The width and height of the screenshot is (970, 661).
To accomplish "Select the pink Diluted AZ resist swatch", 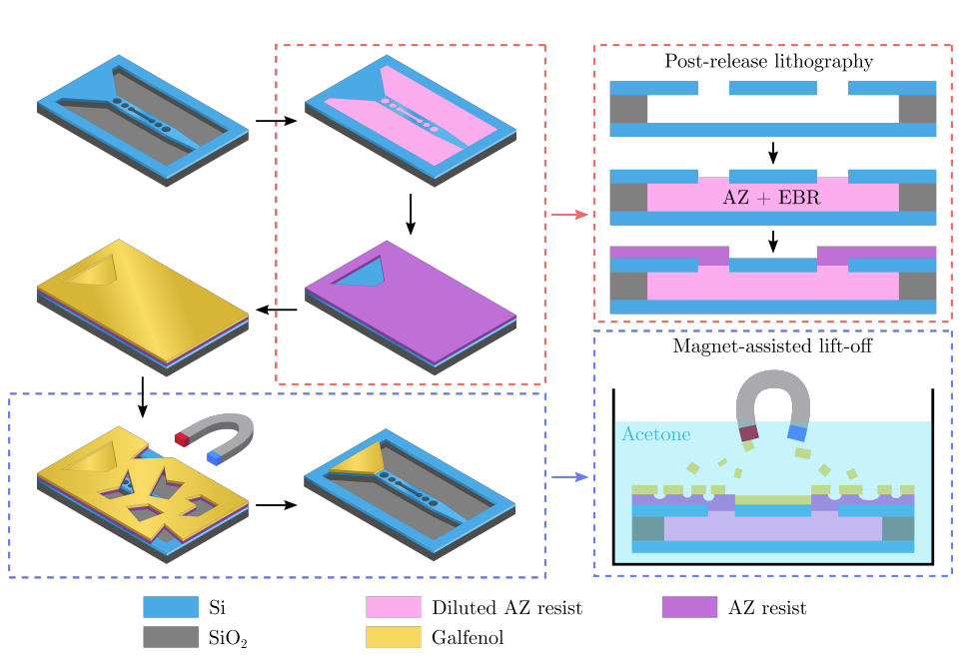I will pos(393,606).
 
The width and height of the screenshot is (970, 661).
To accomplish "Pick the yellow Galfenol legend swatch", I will pos(393,637).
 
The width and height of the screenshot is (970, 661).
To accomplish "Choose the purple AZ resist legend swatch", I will pos(689,606).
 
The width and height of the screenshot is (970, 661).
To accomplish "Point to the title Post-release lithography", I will pos(769,62).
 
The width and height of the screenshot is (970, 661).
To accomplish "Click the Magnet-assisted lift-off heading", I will pos(769,347).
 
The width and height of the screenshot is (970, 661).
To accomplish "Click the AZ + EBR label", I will pos(771,198).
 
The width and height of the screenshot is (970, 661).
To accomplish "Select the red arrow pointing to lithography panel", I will pos(569,214).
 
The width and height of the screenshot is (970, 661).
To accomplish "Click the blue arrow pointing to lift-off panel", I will pos(569,478).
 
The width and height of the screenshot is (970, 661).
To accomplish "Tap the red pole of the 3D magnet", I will pos(181,437).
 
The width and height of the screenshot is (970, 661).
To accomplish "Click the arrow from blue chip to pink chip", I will pos(276,121).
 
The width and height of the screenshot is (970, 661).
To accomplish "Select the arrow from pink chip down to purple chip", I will pos(411,216).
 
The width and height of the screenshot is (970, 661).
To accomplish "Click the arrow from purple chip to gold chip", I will pos(277,310).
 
